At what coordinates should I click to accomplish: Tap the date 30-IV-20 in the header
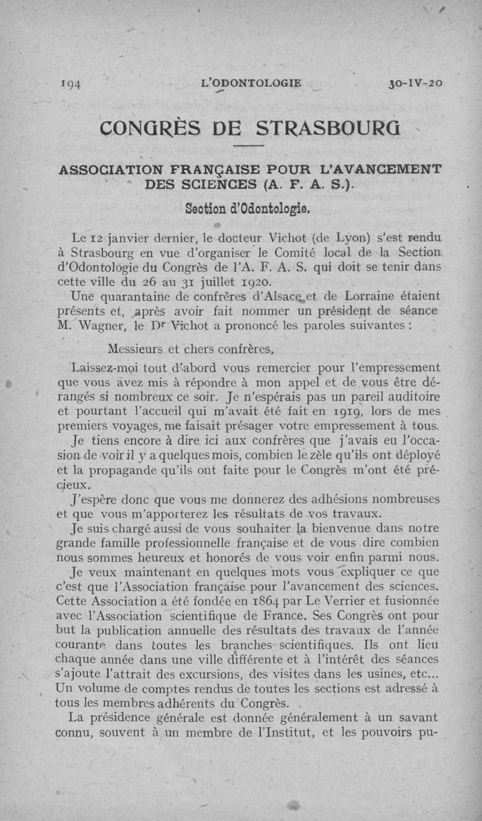(416, 84)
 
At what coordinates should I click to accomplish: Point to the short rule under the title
(249, 146)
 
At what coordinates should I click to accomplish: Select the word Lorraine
(372, 296)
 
